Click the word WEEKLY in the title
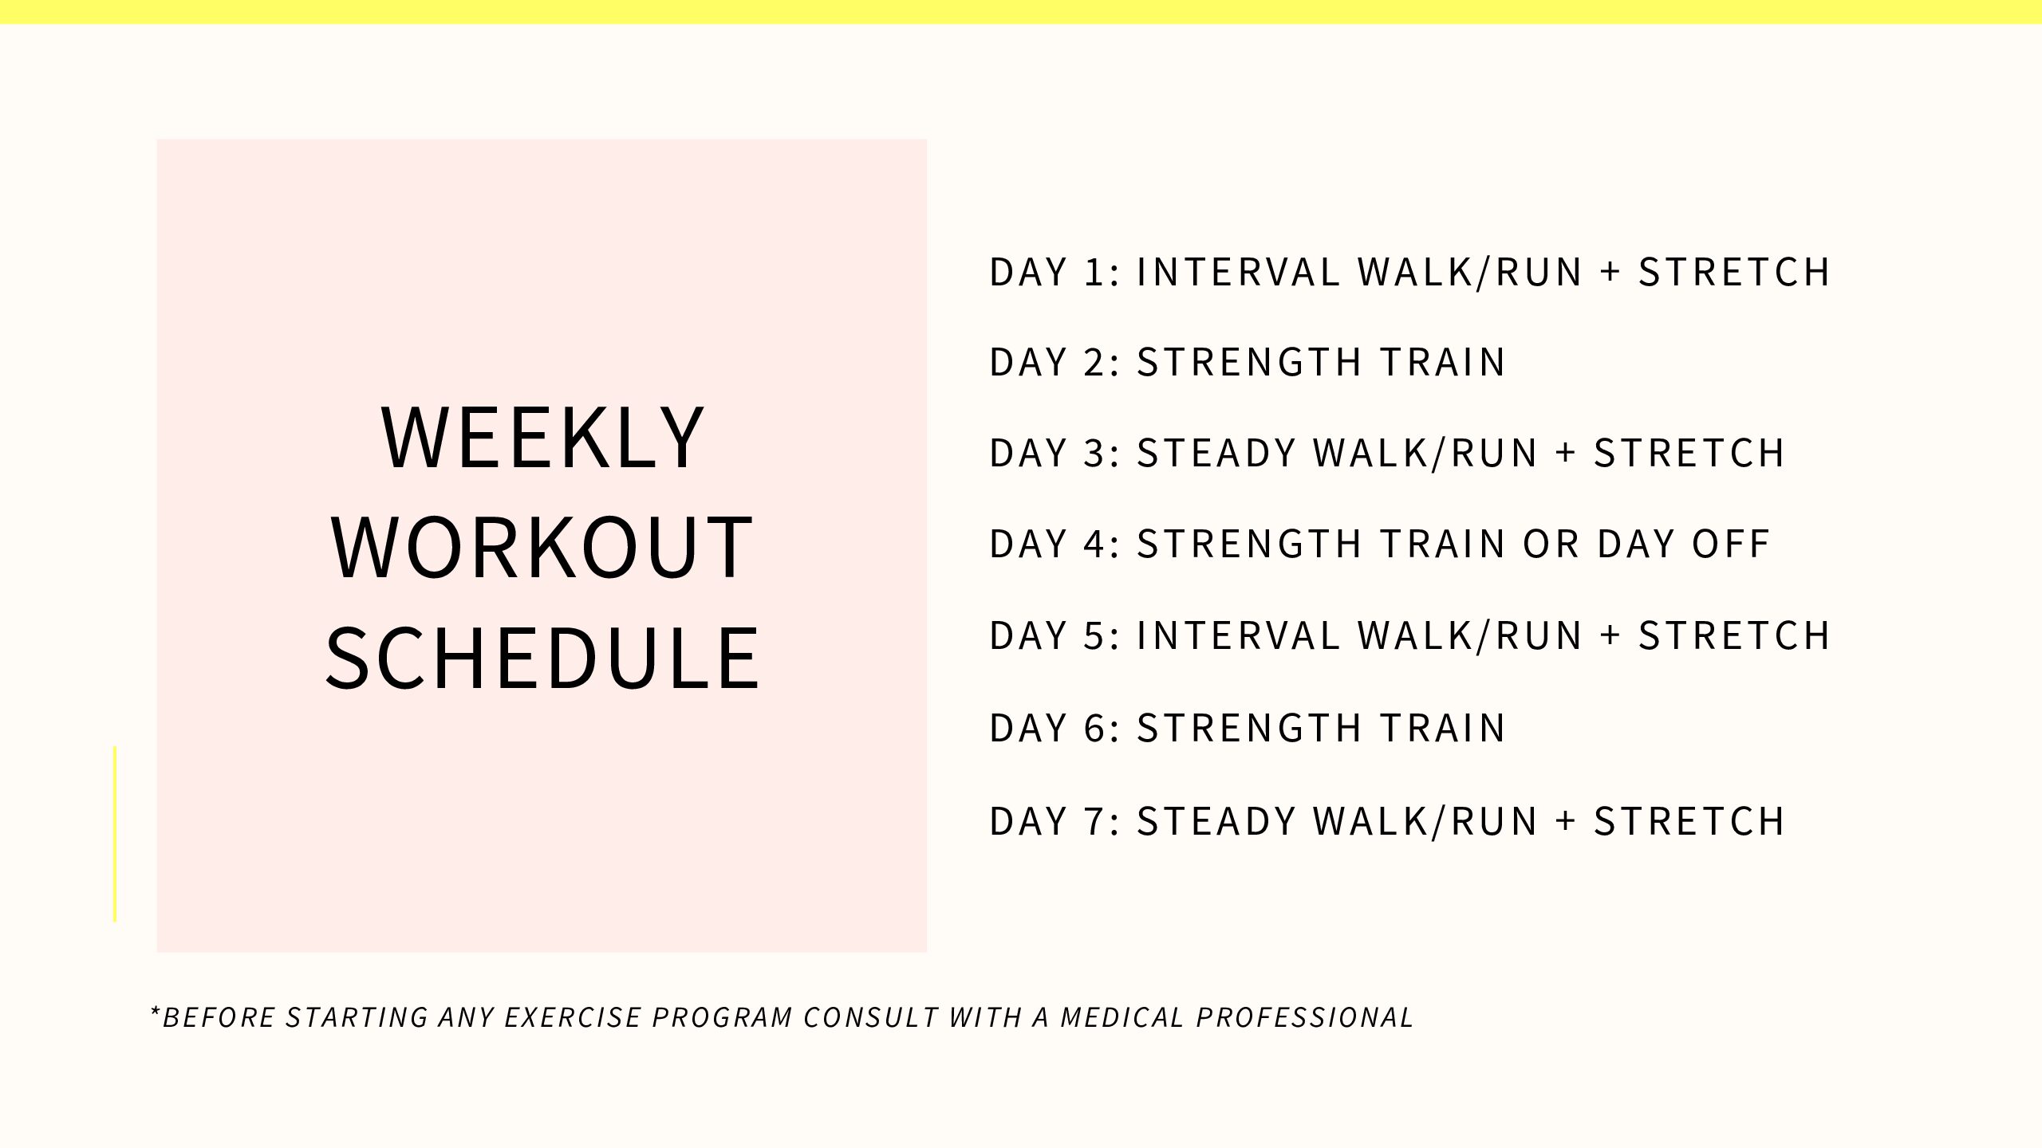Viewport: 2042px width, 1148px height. point(543,437)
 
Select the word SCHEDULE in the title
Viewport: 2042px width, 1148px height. point(542,658)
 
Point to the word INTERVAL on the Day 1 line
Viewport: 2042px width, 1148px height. point(1239,272)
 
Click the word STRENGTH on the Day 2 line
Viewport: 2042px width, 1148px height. point(1249,362)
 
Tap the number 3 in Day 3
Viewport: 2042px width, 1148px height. point(1094,453)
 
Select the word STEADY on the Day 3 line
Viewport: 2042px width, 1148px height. point(1216,453)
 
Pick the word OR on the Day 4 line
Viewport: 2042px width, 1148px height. point(1551,544)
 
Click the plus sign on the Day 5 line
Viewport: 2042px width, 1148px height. point(1610,635)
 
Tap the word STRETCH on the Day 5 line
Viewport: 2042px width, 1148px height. point(1734,635)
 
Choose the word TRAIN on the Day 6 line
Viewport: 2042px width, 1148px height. point(1443,728)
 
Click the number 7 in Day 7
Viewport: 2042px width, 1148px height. point(1094,821)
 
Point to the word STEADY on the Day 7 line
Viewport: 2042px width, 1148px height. point(1216,821)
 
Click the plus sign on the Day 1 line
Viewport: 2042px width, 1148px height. point(1610,272)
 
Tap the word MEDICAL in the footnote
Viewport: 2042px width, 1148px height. point(1122,1017)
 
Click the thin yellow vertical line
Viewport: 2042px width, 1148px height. point(115,834)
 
